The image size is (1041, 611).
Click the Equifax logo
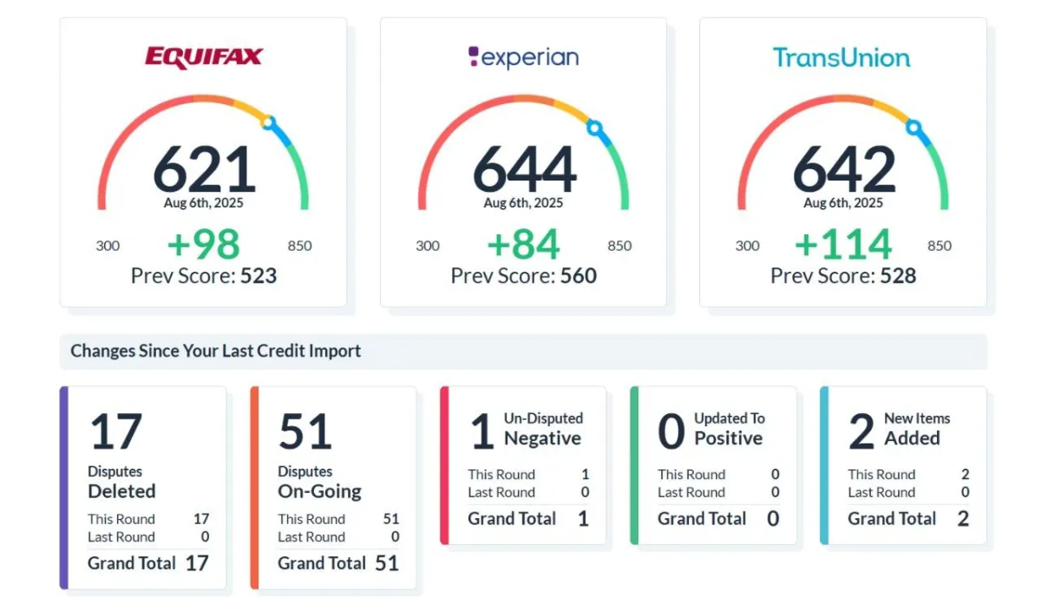pyautogui.click(x=203, y=57)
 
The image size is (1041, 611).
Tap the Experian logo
pyautogui.click(x=523, y=57)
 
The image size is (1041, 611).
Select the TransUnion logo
pyautogui.click(x=841, y=57)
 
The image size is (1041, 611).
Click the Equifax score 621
pyautogui.click(x=204, y=169)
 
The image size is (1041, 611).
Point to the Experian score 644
pyautogui.click(x=524, y=169)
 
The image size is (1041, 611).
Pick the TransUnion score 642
pyautogui.click(x=843, y=169)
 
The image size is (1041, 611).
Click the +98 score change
pyautogui.click(x=203, y=245)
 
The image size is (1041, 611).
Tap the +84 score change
pyautogui.click(x=523, y=245)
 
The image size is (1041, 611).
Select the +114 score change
pyautogui.click(x=842, y=245)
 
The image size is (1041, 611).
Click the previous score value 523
pyautogui.click(x=259, y=276)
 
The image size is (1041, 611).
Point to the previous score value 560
pyautogui.click(x=578, y=276)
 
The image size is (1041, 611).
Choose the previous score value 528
pyautogui.click(x=898, y=276)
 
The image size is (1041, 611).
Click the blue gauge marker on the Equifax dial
pyautogui.click(x=269, y=124)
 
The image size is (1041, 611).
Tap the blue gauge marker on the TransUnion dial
pyautogui.click(x=913, y=128)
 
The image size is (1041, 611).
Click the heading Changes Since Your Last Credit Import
pyautogui.click(x=215, y=351)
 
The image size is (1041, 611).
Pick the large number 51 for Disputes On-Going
pyautogui.click(x=304, y=432)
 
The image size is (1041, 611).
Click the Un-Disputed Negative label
pyautogui.click(x=543, y=429)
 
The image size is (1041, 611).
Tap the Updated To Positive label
pyautogui.click(x=729, y=429)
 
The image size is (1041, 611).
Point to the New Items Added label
pyautogui.click(x=916, y=429)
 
